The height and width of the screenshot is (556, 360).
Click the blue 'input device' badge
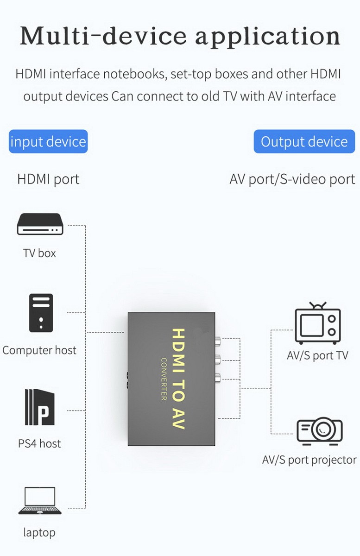tap(48, 141)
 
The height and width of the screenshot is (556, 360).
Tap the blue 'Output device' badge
tap(304, 141)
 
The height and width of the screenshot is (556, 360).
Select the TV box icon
tap(40, 224)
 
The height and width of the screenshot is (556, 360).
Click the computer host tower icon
tap(41, 313)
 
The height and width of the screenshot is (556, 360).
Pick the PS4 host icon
tap(40, 407)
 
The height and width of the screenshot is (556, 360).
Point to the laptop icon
tap(40, 500)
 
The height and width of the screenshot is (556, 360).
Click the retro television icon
tap(317, 323)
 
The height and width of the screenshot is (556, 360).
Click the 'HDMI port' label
tap(48, 179)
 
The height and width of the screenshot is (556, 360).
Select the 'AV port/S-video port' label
tap(292, 179)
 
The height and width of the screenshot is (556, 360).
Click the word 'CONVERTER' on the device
tap(164, 379)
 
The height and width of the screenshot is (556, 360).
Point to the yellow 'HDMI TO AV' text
tap(178, 379)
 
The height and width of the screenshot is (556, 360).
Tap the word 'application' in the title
tap(268, 38)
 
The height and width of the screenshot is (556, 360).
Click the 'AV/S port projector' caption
tap(309, 460)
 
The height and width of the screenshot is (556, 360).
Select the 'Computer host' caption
tap(39, 350)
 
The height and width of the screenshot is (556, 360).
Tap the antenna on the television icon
tap(318, 305)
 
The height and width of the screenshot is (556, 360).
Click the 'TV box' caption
tap(39, 253)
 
